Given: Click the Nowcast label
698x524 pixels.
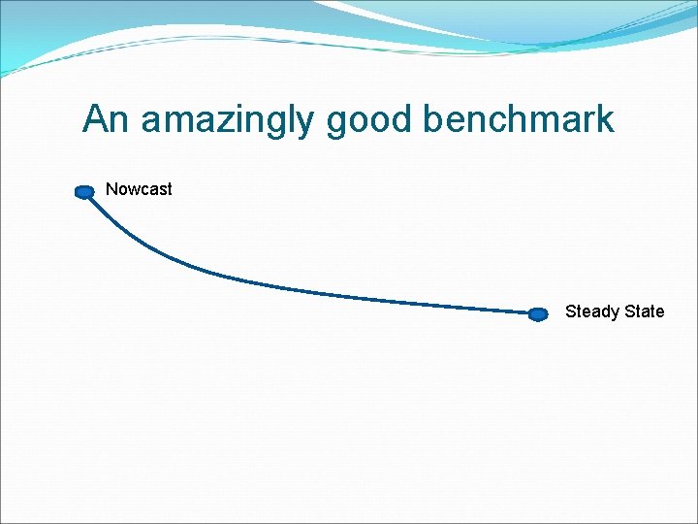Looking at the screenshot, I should point(139,189).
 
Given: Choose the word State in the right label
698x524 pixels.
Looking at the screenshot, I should point(645,311).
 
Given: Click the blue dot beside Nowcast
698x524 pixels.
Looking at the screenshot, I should point(85,192).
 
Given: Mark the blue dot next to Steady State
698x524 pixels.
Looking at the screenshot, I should point(539,313).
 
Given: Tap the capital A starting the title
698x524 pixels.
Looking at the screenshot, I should point(95,119).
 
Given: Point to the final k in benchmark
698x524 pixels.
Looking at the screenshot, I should point(606,119).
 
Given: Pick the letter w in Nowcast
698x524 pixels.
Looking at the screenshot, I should point(131,190).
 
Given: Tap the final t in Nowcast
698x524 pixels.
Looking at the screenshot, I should point(169,189).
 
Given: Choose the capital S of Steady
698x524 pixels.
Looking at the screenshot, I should point(571,311).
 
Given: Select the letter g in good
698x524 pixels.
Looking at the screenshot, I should point(336,122).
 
